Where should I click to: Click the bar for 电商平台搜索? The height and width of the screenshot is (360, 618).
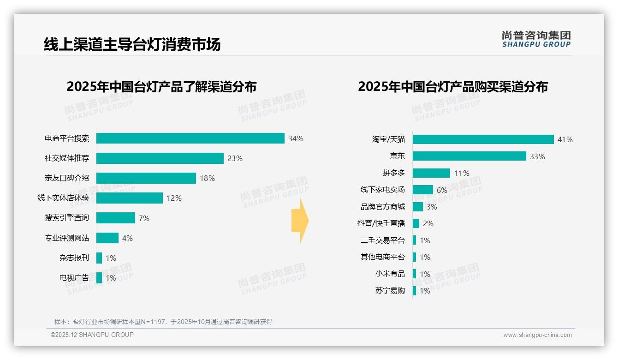pyautogui.click(x=190, y=138)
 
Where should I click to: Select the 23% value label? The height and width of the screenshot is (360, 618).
pyautogui.click(x=235, y=158)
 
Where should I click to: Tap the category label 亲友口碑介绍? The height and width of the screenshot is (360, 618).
pyautogui.click(x=67, y=178)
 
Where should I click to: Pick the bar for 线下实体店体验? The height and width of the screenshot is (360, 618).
pyautogui.click(x=130, y=198)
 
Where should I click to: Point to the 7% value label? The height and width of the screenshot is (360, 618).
pyautogui.click(x=144, y=218)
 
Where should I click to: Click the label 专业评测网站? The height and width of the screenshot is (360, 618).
pyautogui.click(x=67, y=238)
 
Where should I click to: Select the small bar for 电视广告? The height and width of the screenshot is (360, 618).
pyautogui.click(x=99, y=278)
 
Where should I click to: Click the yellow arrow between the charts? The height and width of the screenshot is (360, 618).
pyautogui.click(x=300, y=221)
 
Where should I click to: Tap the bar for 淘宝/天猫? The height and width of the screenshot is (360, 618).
pyautogui.click(x=483, y=139)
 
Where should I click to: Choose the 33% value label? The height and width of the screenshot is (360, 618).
pyautogui.click(x=537, y=156)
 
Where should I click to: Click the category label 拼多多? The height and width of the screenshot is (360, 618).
pyautogui.click(x=393, y=173)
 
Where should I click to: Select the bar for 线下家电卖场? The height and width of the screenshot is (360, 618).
pyautogui.click(x=423, y=190)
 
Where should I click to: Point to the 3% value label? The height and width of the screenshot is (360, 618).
pyautogui.click(x=432, y=207)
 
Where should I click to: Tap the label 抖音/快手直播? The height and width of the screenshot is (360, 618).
pyautogui.click(x=381, y=223)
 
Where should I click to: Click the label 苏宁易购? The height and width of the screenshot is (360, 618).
pyautogui.click(x=390, y=291)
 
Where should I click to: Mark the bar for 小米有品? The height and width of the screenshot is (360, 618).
pyautogui.click(x=415, y=274)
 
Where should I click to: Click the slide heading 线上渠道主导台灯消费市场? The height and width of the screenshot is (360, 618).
pyautogui.click(x=132, y=44)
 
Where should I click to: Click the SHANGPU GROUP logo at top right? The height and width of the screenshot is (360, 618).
pyautogui.click(x=536, y=39)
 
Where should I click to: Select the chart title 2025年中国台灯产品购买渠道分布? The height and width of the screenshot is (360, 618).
pyautogui.click(x=452, y=87)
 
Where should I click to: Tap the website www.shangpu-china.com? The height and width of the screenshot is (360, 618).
pyautogui.click(x=537, y=335)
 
